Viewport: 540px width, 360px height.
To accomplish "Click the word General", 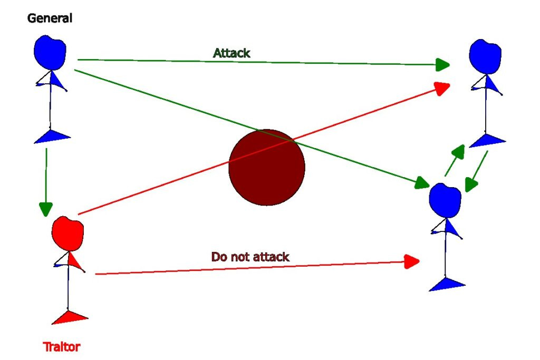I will click(50, 18).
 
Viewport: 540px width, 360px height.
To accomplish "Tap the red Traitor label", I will click(62, 347).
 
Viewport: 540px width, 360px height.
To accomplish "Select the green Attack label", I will click(232, 53).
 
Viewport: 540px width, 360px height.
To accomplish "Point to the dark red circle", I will click(267, 167).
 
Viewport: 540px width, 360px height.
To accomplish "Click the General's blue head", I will click(50, 51).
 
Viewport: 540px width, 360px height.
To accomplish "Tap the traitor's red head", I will click(67, 233).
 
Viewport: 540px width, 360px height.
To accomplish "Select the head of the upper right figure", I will click(485, 56).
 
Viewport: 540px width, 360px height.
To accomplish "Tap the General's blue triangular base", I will click(52, 136).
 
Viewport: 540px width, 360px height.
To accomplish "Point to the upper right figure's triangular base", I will click(487, 140).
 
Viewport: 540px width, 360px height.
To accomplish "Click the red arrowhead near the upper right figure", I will click(442, 87).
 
